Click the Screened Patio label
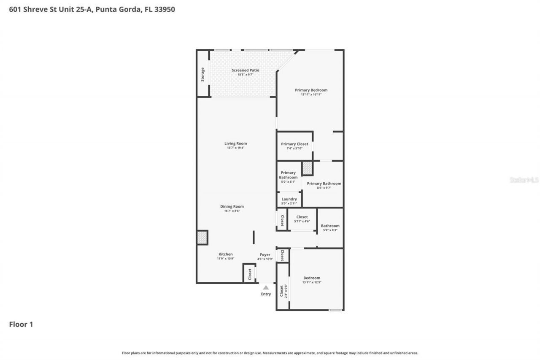click(x=245, y=70)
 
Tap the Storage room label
click(x=203, y=74)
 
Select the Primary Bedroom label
click(x=311, y=90)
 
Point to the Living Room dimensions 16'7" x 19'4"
click(x=235, y=148)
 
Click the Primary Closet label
click(x=294, y=144)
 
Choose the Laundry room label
click(x=289, y=199)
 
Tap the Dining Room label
click(x=232, y=206)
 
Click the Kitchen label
click(x=225, y=254)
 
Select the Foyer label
click(x=265, y=254)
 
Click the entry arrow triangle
click(x=266, y=287)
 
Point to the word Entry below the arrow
click(x=266, y=294)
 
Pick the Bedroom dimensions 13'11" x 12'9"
click(x=312, y=282)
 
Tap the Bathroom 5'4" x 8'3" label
click(x=330, y=226)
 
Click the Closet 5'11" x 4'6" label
click(x=302, y=217)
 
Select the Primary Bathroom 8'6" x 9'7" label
click(x=324, y=184)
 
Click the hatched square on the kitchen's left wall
click(x=202, y=237)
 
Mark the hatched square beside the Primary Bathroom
click(x=307, y=168)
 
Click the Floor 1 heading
click(x=21, y=324)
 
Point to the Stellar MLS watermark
click(x=524, y=180)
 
